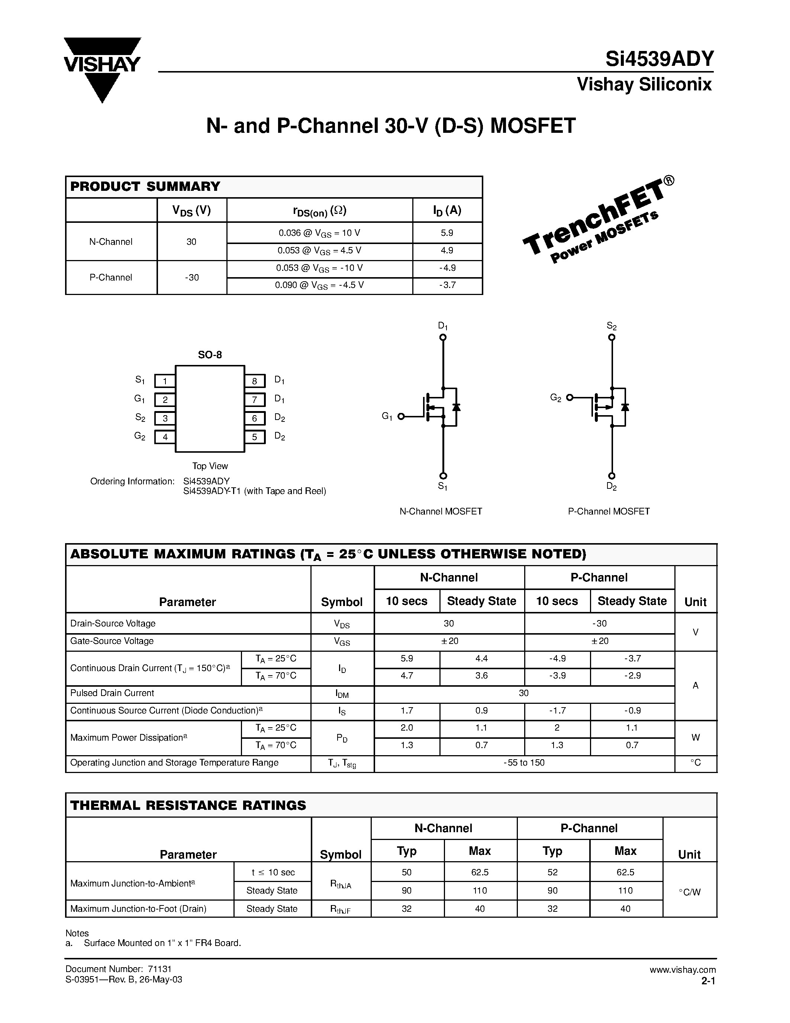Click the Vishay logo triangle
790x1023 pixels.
tap(102, 70)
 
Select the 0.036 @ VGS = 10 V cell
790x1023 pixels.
tap(319, 233)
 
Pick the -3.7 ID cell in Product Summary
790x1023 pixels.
tap(447, 285)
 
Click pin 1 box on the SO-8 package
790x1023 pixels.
tap(165, 381)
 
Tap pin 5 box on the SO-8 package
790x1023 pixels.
tap(255, 437)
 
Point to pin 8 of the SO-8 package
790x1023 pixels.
tap(255, 381)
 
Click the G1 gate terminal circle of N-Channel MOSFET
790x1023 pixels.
tap(401, 416)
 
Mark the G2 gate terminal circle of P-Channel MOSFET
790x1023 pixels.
tap(570, 398)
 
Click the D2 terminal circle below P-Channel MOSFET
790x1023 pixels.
tap(612, 476)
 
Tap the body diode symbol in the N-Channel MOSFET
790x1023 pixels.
tap(456, 407)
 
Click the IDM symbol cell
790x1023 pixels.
tap(342, 694)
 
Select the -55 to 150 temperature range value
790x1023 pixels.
tap(524, 763)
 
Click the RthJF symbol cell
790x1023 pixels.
tap(340, 910)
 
